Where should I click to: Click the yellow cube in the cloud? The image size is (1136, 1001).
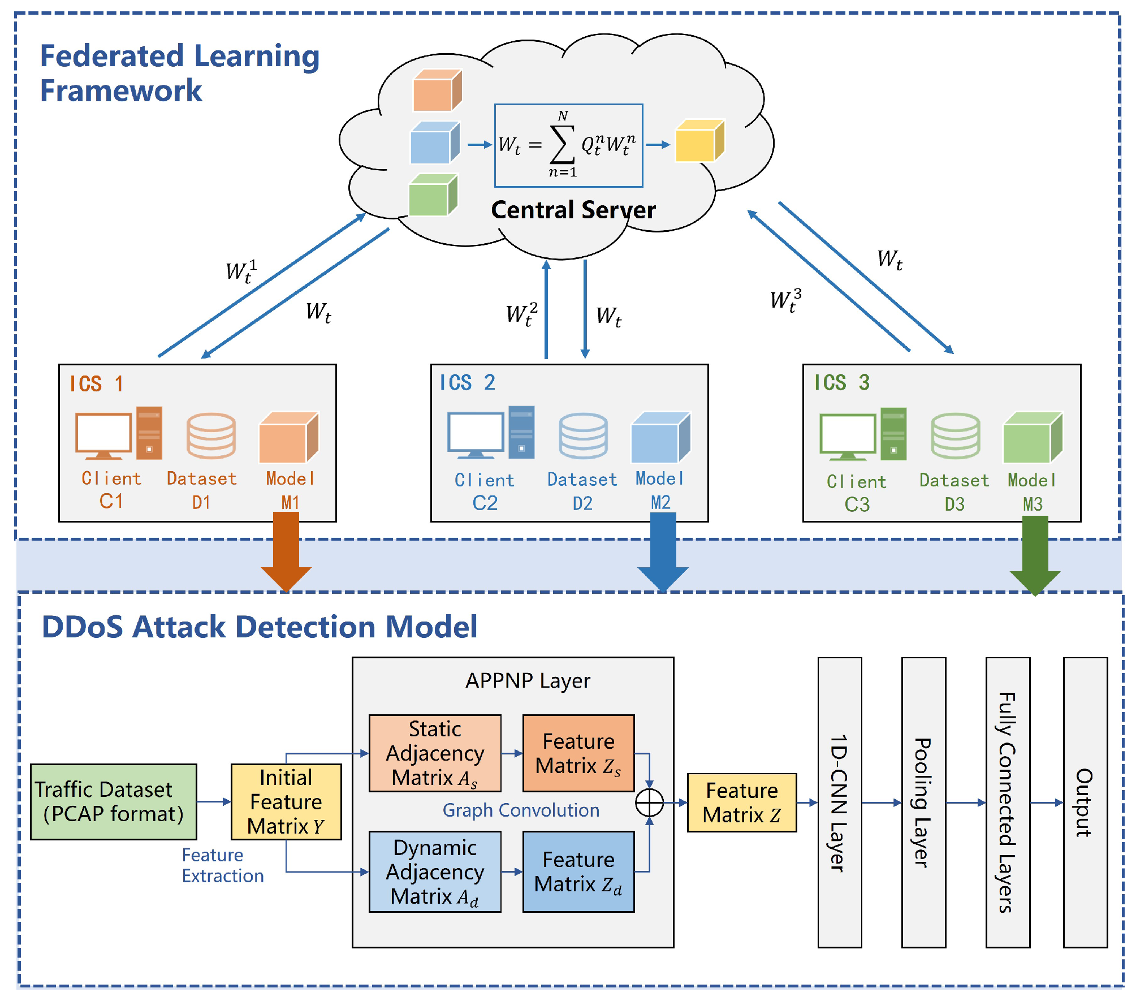coord(699,141)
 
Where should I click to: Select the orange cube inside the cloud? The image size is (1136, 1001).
coord(437,91)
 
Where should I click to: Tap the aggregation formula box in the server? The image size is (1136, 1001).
coord(568,145)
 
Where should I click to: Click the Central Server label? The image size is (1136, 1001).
coord(573,210)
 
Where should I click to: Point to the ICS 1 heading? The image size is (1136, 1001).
coord(96,384)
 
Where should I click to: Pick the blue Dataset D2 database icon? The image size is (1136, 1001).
coord(583,435)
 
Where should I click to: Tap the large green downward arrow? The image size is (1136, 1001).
coord(1035,557)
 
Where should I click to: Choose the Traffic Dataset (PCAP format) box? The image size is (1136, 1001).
coord(113,801)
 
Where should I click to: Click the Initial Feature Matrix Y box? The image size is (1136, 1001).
coord(286,801)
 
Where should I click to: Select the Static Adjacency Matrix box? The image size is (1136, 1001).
coord(435,753)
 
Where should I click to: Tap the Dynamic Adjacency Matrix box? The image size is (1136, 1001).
coord(435,871)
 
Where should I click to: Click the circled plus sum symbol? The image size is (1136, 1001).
coord(649,802)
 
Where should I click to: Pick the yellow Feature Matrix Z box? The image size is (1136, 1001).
coord(741,802)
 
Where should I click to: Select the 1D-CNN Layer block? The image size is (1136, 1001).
coord(840,802)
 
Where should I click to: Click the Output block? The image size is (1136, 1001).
coord(1085,802)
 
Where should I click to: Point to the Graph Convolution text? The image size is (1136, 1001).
coord(521,810)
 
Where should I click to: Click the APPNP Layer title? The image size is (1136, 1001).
coord(528,680)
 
